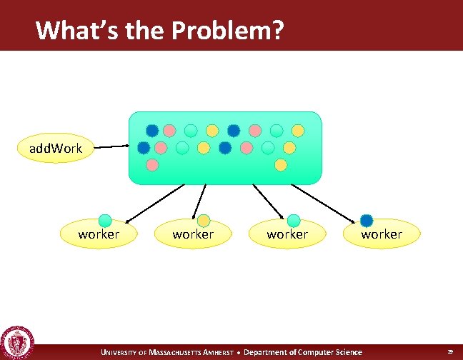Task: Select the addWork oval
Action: tap(56, 149)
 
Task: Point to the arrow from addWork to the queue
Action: tap(111, 148)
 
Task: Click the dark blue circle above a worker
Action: tap(367, 220)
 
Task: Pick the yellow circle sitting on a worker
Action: tap(204, 221)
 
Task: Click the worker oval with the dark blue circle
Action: tap(382, 234)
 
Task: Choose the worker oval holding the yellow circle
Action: tap(193, 234)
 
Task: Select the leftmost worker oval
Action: tap(99, 234)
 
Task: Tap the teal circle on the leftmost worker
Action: tap(105, 220)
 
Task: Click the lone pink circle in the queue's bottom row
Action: tap(152, 165)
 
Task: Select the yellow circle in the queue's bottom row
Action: tap(281, 165)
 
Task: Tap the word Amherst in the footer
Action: tap(220, 352)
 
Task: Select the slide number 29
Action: tap(450, 352)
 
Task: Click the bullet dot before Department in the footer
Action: tap(239, 352)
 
